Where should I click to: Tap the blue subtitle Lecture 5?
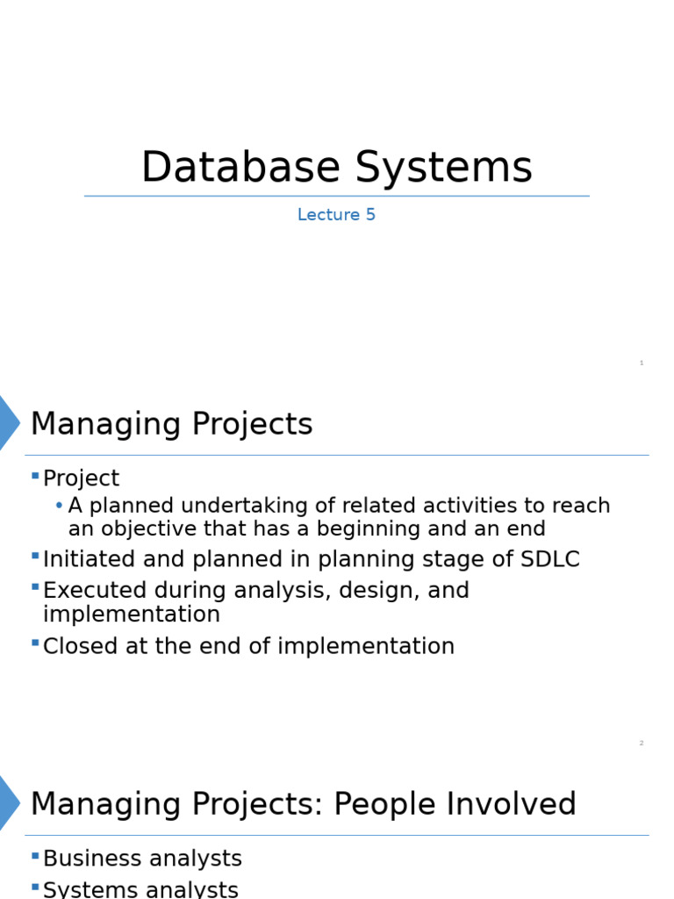[336, 215]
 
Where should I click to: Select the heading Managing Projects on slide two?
[171, 424]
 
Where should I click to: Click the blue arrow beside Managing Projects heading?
[8, 423]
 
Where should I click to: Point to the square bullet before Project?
[35, 476]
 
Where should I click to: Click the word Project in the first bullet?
[81, 478]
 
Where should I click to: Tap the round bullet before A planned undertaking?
[59, 506]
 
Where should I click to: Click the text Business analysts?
[142, 859]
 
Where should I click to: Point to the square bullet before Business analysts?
[35, 856]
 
